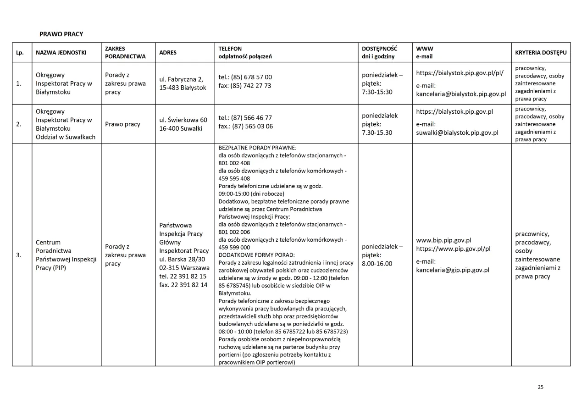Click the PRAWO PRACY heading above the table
pyautogui.click(x=61, y=34)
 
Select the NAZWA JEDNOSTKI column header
pyautogui.click(x=61, y=53)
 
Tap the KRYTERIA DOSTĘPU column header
pyautogui.click(x=541, y=53)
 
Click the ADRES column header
pyautogui.click(x=168, y=53)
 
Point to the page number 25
pyautogui.click(x=540, y=387)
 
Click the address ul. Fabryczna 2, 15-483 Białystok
pyautogui.click(x=183, y=83)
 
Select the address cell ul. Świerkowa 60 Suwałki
pyautogui.click(x=183, y=124)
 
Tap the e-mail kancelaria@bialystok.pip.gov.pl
pyautogui.click(x=461, y=94)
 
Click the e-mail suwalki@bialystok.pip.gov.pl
pyautogui.click(x=457, y=133)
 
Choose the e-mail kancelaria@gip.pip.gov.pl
pyautogui.click(x=453, y=270)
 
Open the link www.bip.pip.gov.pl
pyautogui.click(x=443, y=240)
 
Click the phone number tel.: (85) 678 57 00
pyautogui.click(x=245, y=77)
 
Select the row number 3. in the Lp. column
pyautogui.click(x=19, y=255)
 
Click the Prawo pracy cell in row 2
pyautogui.click(x=122, y=124)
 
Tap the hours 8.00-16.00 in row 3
pyautogui.click(x=377, y=264)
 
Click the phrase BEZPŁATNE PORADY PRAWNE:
pyautogui.click(x=257, y=148)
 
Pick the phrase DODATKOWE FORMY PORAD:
pyautogui.click(x=256, y=255)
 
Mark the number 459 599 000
pyautogui.click(x=234, y=247)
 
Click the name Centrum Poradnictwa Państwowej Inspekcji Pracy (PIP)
pyautogui.click(x=66, y=255)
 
